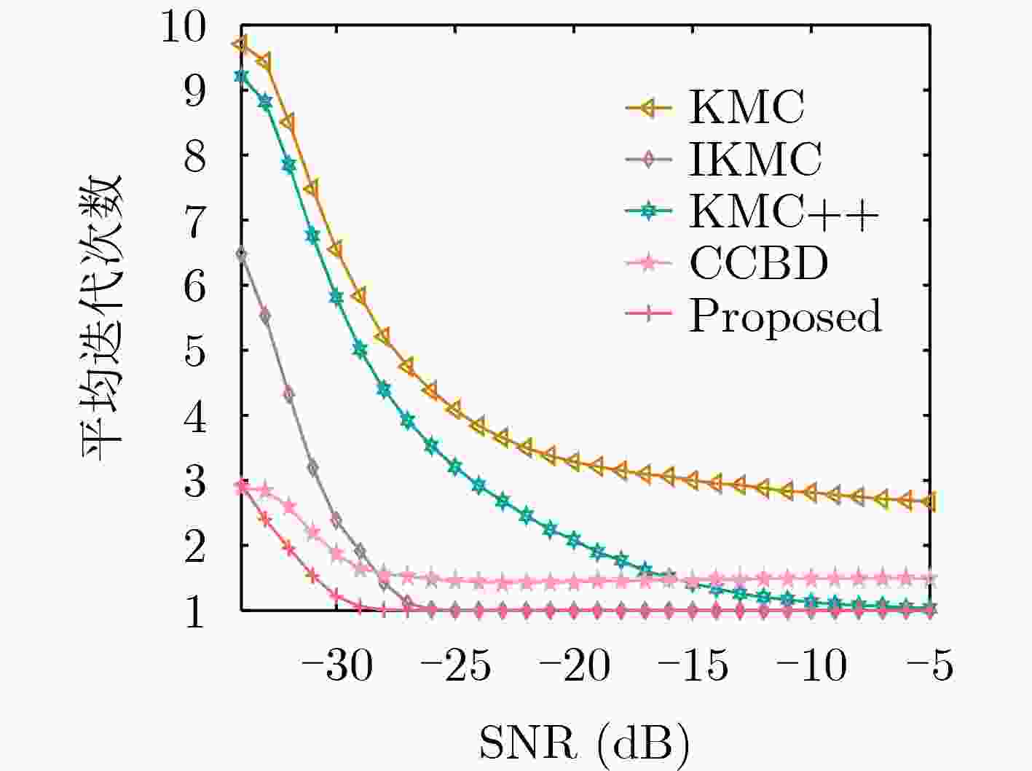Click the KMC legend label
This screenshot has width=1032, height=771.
[747, 107]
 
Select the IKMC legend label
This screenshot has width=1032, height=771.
[755, 158]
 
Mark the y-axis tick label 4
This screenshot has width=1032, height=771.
[194, 416]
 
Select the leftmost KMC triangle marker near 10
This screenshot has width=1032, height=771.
[240, 44]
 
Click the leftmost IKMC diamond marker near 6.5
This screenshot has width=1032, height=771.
[241, 254]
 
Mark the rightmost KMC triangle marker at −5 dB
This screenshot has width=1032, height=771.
[929, 501]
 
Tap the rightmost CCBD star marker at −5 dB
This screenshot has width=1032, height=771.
[929, 579]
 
